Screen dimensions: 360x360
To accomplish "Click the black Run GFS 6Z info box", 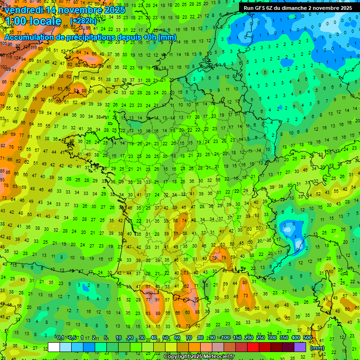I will click(298, 8).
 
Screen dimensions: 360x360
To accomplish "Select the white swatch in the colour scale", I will click(54, 347).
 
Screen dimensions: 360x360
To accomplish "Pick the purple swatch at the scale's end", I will click(300, 347).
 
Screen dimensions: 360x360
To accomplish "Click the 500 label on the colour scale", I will click(307, 338).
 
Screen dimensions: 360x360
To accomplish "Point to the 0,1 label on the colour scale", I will click(60, 338).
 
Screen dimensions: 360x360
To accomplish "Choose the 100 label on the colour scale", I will click(225, 338).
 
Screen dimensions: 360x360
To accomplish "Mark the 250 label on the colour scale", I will click(261, 338).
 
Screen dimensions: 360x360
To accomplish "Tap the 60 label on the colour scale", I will click(177, 338).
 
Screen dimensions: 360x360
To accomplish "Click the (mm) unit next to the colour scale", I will click(317, 348).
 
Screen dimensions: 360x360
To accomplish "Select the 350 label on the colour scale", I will click(284, 338).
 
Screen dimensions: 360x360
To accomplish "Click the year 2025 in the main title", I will click(114, 10).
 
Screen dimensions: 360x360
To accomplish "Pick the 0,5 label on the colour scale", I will click(72, 338).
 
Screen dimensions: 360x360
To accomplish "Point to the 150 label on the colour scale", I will click(237, 338).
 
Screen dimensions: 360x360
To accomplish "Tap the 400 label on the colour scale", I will click(296, 338).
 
